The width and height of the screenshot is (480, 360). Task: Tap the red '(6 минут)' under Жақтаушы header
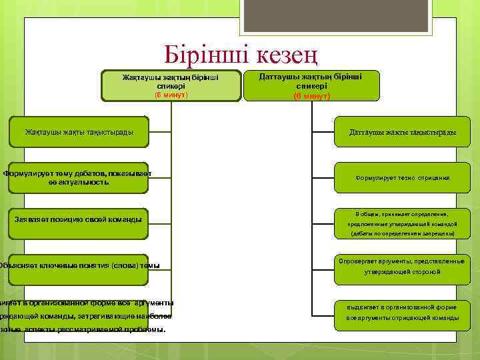pos(171,95)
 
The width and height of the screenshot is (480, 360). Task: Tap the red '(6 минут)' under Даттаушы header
pos(311,96)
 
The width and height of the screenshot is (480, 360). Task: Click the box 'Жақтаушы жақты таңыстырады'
pos(79,131)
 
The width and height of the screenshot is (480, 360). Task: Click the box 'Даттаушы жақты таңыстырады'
pos(402,132)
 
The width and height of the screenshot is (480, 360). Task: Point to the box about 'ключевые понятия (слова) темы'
pos(79,265)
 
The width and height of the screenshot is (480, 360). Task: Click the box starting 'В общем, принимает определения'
pos(402,223)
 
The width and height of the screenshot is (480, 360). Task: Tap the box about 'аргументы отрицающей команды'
pos(402,312)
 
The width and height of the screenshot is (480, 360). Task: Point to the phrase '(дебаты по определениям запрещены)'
pos(402,234)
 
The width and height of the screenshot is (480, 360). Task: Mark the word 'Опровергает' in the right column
pos(360,261)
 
